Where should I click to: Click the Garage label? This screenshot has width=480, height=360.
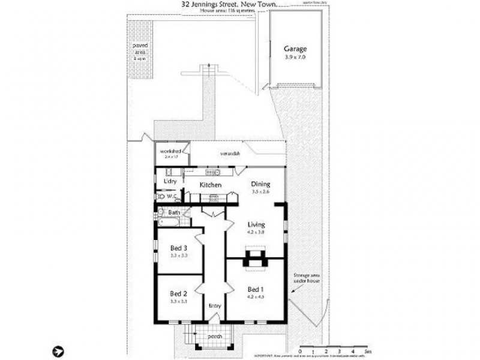pyautogui.click(x=295, y=49)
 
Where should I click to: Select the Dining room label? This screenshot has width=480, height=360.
pyautogui.click(x=260, y=185)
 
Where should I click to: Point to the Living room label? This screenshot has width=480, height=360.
pyautogui.click(x=256, y=225)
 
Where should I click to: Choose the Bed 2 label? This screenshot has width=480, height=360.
pyautogui.click(x=179, y=293)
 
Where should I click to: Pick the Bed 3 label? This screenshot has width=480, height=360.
pyautogui.click(x=179, y=248)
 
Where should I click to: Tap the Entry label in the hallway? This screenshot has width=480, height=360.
pyautogui.click(x=214, y=306)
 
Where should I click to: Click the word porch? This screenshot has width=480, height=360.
pyautogui.click(x=215, y=337)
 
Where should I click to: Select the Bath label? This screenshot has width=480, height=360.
pyautogui.click(x=174, y=212)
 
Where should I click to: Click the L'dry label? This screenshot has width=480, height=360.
pyautogui.click(x=169, y=181)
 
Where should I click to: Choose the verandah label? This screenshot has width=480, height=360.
pyautogui.click(x=230, y=154)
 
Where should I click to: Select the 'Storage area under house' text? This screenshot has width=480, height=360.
pyautogui.click(x=304, y=278)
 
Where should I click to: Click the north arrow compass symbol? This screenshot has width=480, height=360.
pyautogui.click(x=58, y=350)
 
